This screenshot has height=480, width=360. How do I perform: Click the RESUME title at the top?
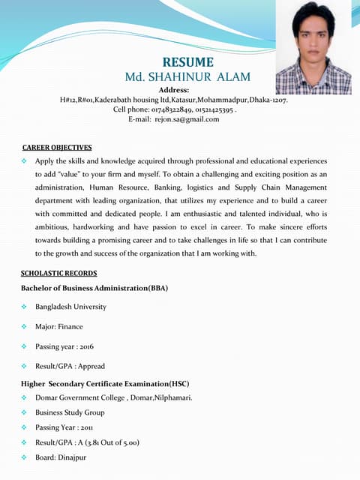point(188,62)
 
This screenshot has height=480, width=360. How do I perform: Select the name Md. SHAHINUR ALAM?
point(187,77)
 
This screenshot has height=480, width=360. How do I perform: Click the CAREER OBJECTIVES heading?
point(57,148)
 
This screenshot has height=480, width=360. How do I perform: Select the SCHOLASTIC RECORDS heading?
point(59,274)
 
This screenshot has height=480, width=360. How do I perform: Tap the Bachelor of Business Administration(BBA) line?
point(94,288)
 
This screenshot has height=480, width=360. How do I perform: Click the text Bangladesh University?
point(70,307)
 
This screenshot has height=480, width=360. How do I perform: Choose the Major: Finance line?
point(58,327)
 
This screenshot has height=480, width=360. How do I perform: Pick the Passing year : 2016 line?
point(64,346)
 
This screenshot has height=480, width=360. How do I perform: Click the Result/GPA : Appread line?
point(70,367)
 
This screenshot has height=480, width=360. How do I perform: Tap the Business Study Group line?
point(70,412)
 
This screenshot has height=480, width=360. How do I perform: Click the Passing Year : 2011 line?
point(64,427)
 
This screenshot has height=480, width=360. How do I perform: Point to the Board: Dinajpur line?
point(61,457)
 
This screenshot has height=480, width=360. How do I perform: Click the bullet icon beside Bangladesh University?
point(24,307)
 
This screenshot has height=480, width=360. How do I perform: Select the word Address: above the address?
point(174,90)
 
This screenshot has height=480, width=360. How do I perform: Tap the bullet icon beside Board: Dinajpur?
point(24,457)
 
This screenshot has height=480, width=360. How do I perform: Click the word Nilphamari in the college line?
point(173,397)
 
